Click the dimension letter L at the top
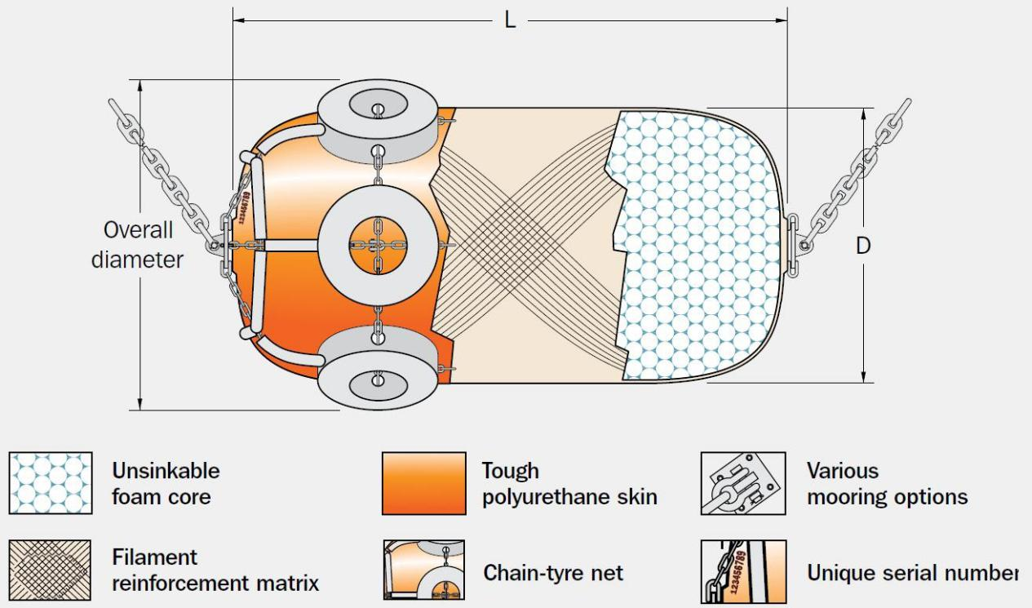(510, 20)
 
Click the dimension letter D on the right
(863, 246)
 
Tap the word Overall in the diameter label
(138, 229)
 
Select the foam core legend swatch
(51, 482)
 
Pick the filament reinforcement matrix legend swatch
(50, 570)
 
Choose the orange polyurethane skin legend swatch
(424, 483)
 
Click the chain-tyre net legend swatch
(424, 570)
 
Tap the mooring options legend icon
(743, 483)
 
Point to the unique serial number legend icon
(743, 571)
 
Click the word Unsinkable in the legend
(166, 471)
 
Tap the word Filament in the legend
(154, 557)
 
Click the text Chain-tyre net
(553, 573)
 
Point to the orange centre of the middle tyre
(378, 246)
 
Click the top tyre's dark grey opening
(378, 105)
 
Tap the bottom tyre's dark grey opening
(378, 385)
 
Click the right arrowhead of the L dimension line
(782, 20)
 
